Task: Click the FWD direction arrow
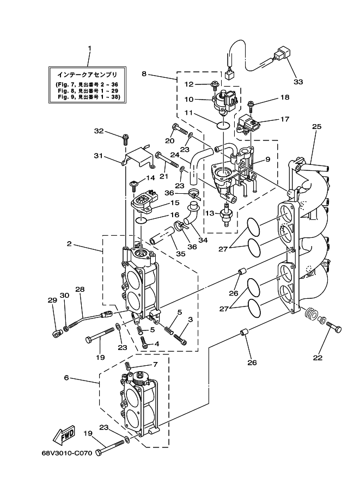point(64,435)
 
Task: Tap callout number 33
point(297,83)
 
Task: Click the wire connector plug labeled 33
point(282,54)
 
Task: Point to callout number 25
point(316,126)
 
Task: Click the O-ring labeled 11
point(223,125)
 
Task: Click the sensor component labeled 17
point(249,124)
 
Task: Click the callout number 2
point(69,244)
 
